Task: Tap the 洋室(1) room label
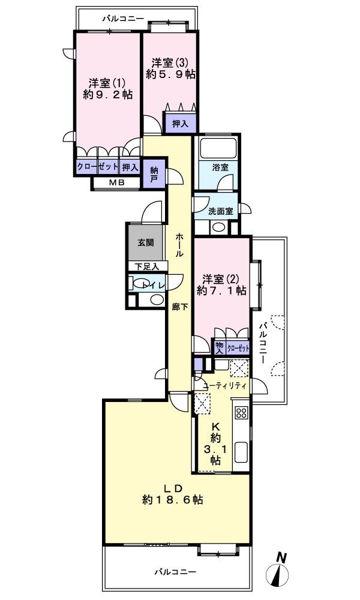[103, 82]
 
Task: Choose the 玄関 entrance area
[145, 243]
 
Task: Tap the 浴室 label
[220, 167]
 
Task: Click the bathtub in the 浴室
[219, 147]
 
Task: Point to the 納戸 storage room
[154, 174]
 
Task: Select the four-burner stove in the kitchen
[241, 413]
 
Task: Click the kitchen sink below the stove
[241, 452]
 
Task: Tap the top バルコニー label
[122, 19]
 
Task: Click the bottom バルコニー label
[174, 572]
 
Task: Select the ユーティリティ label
[224, 386]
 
